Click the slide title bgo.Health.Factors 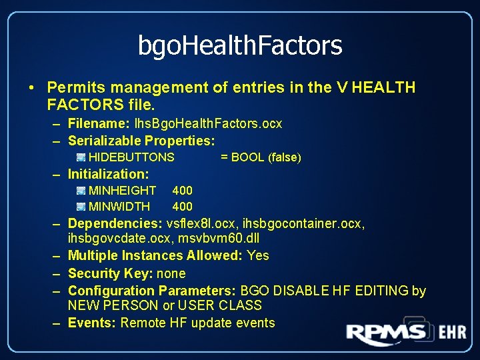[x=240, y=45]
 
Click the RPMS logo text [x=386, y=333]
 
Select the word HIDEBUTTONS [x=131, y=157]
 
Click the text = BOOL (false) [x=261, y=157]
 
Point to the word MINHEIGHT [x=123, y=191]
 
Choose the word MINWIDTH [x=120, y=207]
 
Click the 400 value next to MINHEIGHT [x=182, y=191]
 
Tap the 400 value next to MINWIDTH [x=182, y=207]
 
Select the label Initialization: [x=108, y=174]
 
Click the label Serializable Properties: [x=141, y=141]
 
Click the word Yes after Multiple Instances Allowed [x=258, y=255]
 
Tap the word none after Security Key [x=171, y=273]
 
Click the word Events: [x=92, y=323]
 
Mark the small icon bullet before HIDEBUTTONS [x=81, y=157]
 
